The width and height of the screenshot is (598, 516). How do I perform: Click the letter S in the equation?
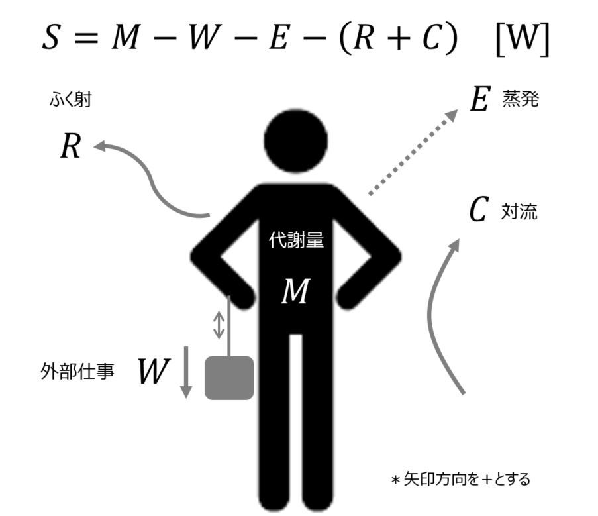pyautogui.click(x=51, y=36)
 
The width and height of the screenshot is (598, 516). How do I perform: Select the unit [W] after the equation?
pyautogui.click(x=523, y=38)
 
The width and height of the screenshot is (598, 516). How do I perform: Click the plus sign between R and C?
pyautogui.click(x=398, y=38)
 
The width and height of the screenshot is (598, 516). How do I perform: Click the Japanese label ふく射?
pyautogui.click(x=71, y=100)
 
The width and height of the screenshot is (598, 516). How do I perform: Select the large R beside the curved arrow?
pyautogui.click(x=71, y=146)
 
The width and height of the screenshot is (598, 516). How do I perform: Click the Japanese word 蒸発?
pyautogui.click(x=521, y=99)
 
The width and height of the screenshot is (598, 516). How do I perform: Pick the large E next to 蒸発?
pyautogui.click(x=479, y=99)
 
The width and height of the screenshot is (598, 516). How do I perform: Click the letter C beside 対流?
pyautogui.click(x=478, y=209)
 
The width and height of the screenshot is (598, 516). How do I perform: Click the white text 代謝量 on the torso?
pyautogui.click(x=296, y=240)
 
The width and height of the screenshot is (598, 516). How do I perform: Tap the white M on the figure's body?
pyautogui.click(x=295, y=291)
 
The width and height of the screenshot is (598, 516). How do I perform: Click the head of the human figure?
pyautogui.click(x=295, y=141)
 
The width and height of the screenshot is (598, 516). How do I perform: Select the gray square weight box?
pyautogui.click(x=229, y=378)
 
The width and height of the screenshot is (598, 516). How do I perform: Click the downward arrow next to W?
pyautogui.click(x=186, y=372)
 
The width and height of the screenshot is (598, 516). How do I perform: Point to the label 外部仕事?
pyautogui.click(x=77, y=371)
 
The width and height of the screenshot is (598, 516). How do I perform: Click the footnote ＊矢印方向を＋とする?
pyautogui.click(x=461, y=479)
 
